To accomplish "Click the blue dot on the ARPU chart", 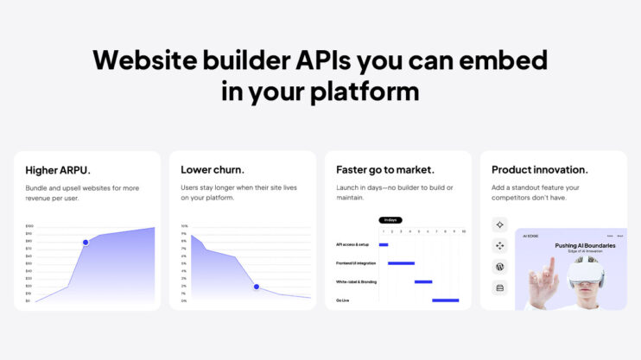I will pos(86,242).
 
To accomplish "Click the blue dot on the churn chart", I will pos(256,286).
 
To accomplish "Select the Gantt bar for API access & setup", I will pos(384,244).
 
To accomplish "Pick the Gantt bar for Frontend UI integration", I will pos(401,262).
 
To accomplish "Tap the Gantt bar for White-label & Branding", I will pos(423,281).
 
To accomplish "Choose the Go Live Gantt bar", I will pos(445,300).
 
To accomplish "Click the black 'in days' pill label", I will pos(390,220).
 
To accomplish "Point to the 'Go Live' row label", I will pos(343,300).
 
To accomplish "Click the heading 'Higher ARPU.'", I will pos(58,170).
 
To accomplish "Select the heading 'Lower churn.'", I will pos(213,170).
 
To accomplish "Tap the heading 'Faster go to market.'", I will pos(385,170).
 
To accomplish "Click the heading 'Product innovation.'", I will pos(537,170).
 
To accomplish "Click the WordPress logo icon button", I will pos(499,267).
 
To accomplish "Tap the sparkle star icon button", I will pos(499,224).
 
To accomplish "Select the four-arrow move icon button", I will pos(499,246).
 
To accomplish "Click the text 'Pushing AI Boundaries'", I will pos(585,245).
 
